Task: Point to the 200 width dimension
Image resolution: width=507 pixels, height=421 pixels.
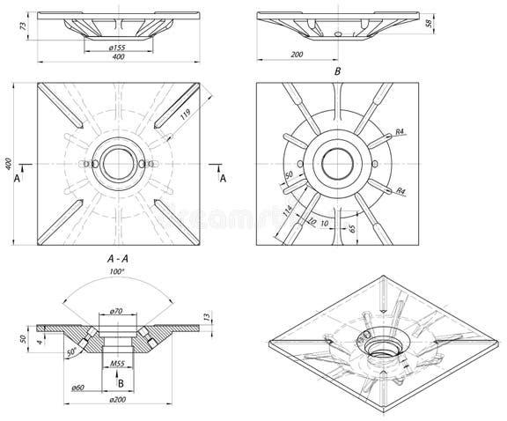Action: click(297, 55)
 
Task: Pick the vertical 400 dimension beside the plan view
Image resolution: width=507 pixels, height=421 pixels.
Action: click(9, 165)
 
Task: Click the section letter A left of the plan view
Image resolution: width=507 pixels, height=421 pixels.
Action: click(17, 178)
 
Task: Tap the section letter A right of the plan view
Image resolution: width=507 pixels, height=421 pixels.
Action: click(223, 178)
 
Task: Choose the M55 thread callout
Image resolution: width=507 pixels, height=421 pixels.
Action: click(116, 362)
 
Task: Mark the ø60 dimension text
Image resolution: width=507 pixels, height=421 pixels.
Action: click(77, 387)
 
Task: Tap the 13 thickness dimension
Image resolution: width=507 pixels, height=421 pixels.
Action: click(205, 316)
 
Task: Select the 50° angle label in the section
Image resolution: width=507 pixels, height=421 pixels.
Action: click(70, 352)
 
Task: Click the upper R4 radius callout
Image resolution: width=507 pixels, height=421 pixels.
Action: click(399, 131)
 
